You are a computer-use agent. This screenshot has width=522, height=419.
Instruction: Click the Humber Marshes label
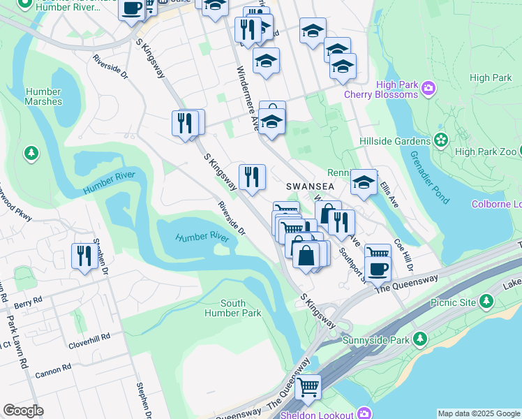click(x=43, y=96)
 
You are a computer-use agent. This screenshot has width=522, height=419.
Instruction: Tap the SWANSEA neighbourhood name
click(x=311, y=187)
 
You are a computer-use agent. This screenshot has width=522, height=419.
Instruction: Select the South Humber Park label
click(x=233, y=308)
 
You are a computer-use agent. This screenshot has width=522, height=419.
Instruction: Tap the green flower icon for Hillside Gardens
click(x=440, y=141)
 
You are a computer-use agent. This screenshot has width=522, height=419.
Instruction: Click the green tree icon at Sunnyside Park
click(x=419, y=339)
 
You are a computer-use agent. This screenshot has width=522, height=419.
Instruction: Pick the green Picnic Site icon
click(x=486, y=302)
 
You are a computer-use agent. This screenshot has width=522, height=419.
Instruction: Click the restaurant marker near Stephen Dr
click(x=84, y=256)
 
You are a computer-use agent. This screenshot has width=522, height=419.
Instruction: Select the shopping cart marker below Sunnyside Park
click(x=308, y=386)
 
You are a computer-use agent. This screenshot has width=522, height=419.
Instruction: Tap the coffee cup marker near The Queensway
click(x=378, y=269)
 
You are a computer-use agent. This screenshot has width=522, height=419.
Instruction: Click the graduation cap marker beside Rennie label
click(x=363, y=182)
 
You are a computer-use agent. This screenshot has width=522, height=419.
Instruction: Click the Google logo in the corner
click(x=23, y=411)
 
